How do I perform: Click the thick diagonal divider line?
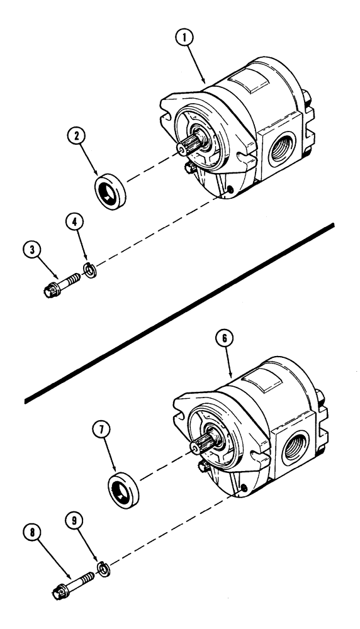point(179,313)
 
